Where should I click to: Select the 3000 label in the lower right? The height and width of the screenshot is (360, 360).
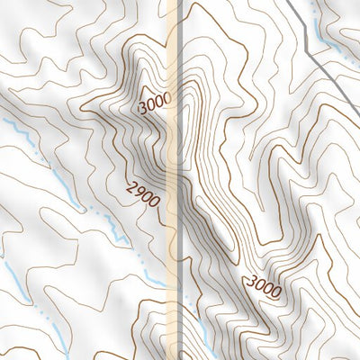click(x=266, y=283)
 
